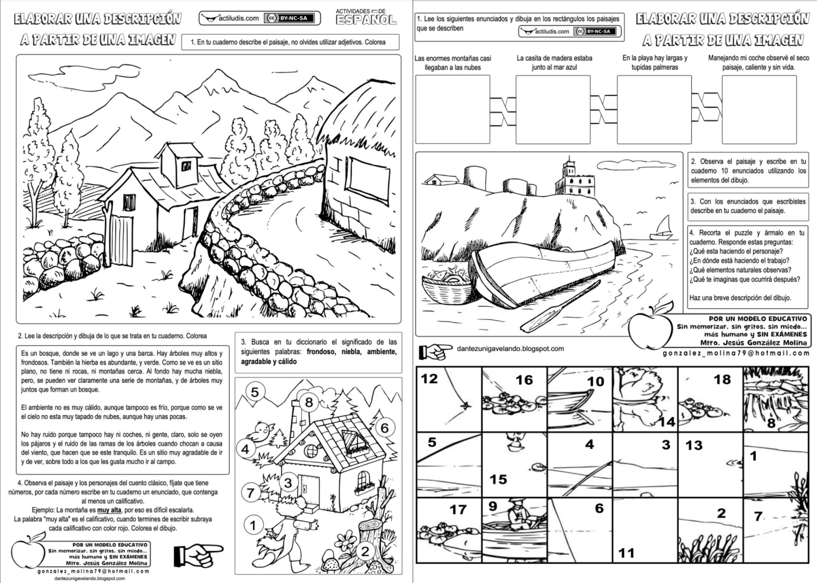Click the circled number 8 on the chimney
coord(309,402)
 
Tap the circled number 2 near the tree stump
coord(365,551)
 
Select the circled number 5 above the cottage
coord(255,392)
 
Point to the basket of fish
coord(446,285)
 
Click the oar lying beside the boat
coord(558,307)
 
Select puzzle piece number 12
coord(449,399)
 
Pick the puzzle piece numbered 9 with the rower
coord(514,529)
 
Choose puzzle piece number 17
coord(449,529)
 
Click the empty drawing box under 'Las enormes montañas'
coord(452,109)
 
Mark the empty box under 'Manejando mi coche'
coord(759,109)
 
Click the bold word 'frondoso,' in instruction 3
coord(322,352)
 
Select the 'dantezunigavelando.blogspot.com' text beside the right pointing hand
coord(510,349)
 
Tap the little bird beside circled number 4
coord(262,431)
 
